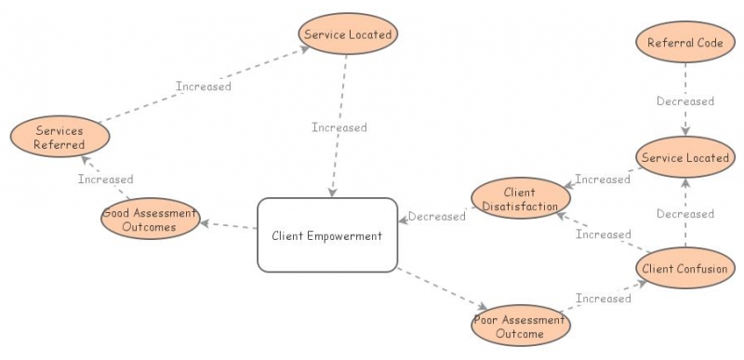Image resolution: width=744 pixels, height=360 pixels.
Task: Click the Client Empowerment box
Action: pos(326,235)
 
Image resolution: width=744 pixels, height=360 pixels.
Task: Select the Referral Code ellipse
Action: pos(686,42)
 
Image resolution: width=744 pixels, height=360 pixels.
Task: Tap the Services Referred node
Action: pos(60,138)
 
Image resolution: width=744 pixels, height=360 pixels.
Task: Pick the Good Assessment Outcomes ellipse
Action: pos(150,220)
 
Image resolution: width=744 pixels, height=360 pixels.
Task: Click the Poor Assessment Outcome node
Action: pos(520,327)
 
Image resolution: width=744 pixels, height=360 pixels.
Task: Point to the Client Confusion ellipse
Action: pos(684,269)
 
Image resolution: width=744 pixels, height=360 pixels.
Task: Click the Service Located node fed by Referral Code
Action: pos(686,157)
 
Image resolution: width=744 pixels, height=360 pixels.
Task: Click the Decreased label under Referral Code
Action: pos(685,101)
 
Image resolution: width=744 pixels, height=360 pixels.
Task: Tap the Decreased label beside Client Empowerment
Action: pos(437,217)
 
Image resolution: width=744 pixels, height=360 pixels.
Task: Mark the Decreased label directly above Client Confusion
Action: pos(685,214)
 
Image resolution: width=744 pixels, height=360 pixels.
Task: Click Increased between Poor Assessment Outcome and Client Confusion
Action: pos(603,299)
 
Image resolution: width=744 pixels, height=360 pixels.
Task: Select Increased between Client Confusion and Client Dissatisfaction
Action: pos(603,234)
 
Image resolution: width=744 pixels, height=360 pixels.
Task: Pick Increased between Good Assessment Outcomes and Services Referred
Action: pos(105,180)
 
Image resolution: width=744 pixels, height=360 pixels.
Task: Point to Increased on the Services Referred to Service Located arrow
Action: pos(204,87)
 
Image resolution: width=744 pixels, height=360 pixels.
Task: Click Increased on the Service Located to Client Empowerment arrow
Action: pos(339,127)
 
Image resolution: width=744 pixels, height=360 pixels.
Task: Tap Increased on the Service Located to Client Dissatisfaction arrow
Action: pos(603,179)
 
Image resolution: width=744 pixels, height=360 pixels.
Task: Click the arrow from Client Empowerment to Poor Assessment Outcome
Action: pos(442,288)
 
